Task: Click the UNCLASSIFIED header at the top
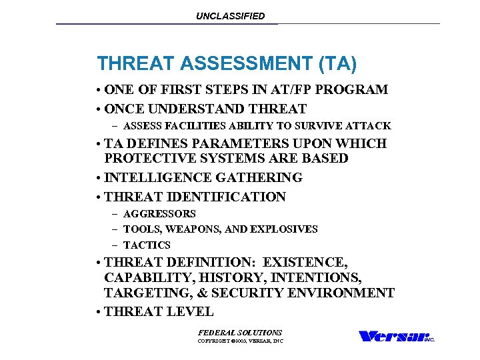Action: pos(230,16)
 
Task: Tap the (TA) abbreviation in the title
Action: pos(338,64)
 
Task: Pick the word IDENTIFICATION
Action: pos(231,197)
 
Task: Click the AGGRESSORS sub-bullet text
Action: pos(159,214)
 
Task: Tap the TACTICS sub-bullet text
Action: pos(147,245)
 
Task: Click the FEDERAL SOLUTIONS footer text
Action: pos(240,332)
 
